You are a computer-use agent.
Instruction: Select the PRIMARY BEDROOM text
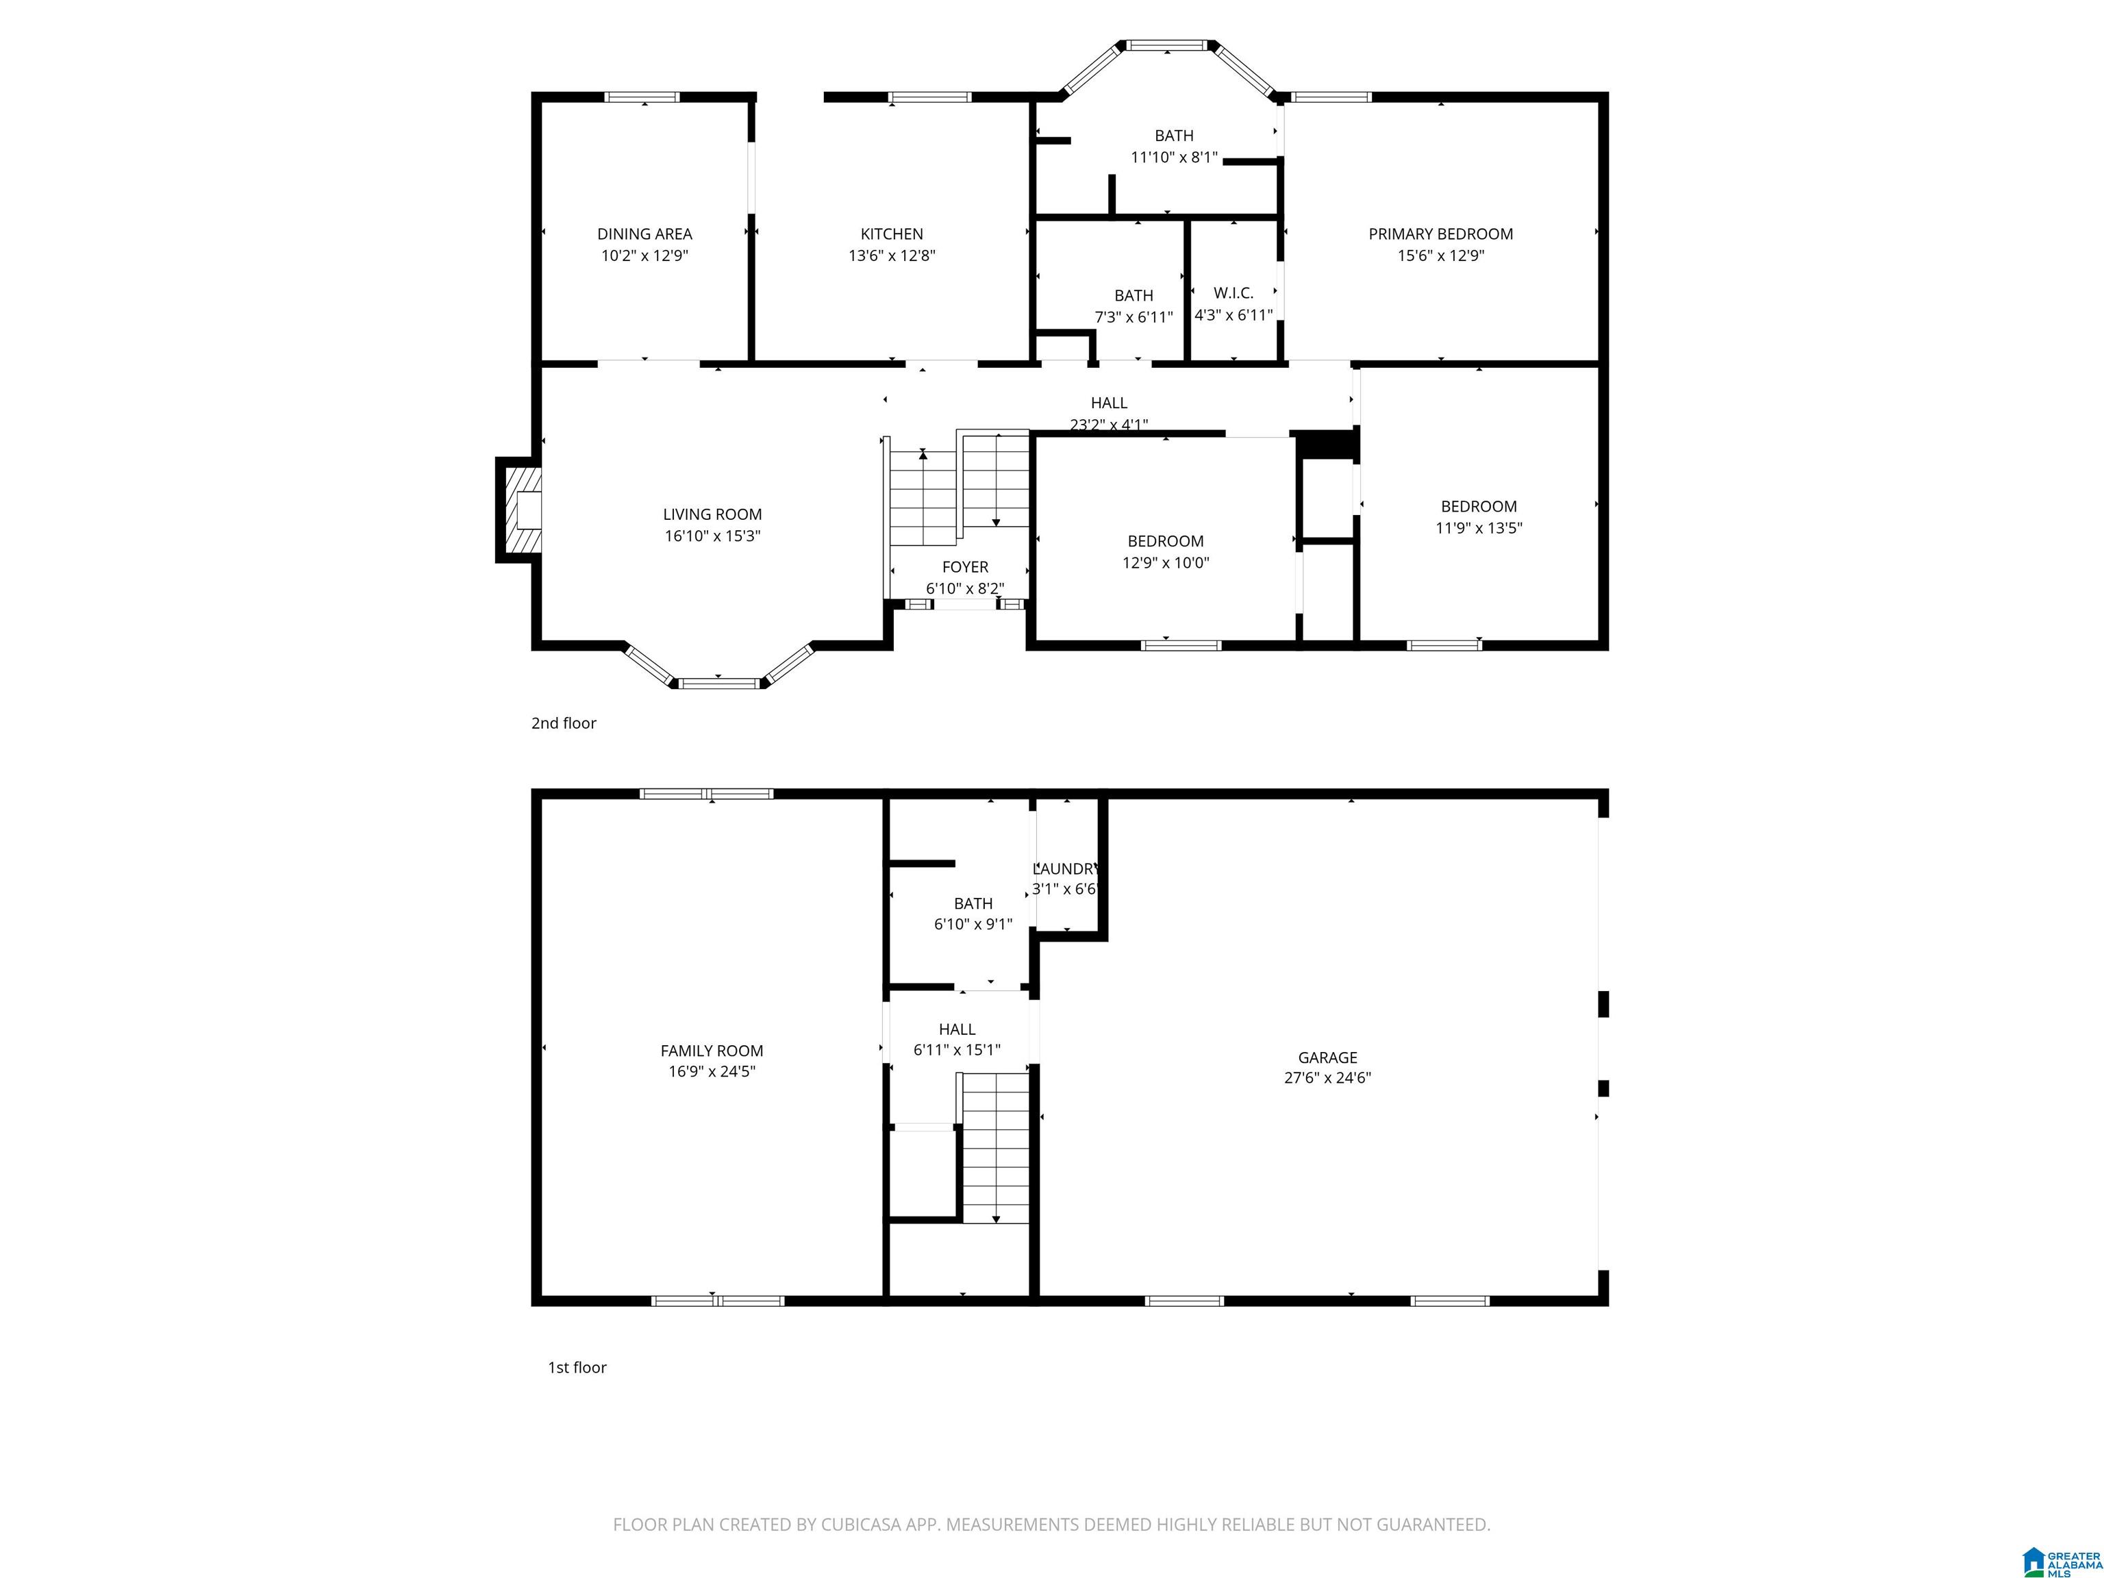click(x=1440, y=234)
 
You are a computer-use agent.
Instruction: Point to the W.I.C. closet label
click(x=1233, y=293)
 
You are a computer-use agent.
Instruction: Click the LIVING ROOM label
click(x=712, y=514)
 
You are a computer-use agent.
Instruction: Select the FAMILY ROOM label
click(x=712, y=1051)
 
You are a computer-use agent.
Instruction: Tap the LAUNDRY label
click(x=1066, y=868)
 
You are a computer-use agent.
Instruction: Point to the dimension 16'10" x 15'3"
click(x=712, y=536)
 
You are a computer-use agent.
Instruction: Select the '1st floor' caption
click(x=577, y=1368)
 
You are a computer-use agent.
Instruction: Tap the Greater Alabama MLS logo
click(x=2062, y=1536)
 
